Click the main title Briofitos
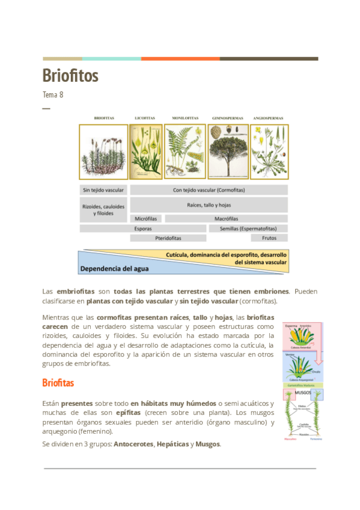70,76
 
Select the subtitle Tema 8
53,95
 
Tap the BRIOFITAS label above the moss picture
103,118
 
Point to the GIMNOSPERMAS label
227,118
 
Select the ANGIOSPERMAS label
269,118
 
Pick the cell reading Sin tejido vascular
103,190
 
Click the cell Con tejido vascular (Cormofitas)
209,190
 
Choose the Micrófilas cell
146,218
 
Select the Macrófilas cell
226,218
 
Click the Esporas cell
143,229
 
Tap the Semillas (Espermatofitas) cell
248,229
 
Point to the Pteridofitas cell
168,238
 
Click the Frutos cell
269,238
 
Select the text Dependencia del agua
115,268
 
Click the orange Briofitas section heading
58,382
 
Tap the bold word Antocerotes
133,444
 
